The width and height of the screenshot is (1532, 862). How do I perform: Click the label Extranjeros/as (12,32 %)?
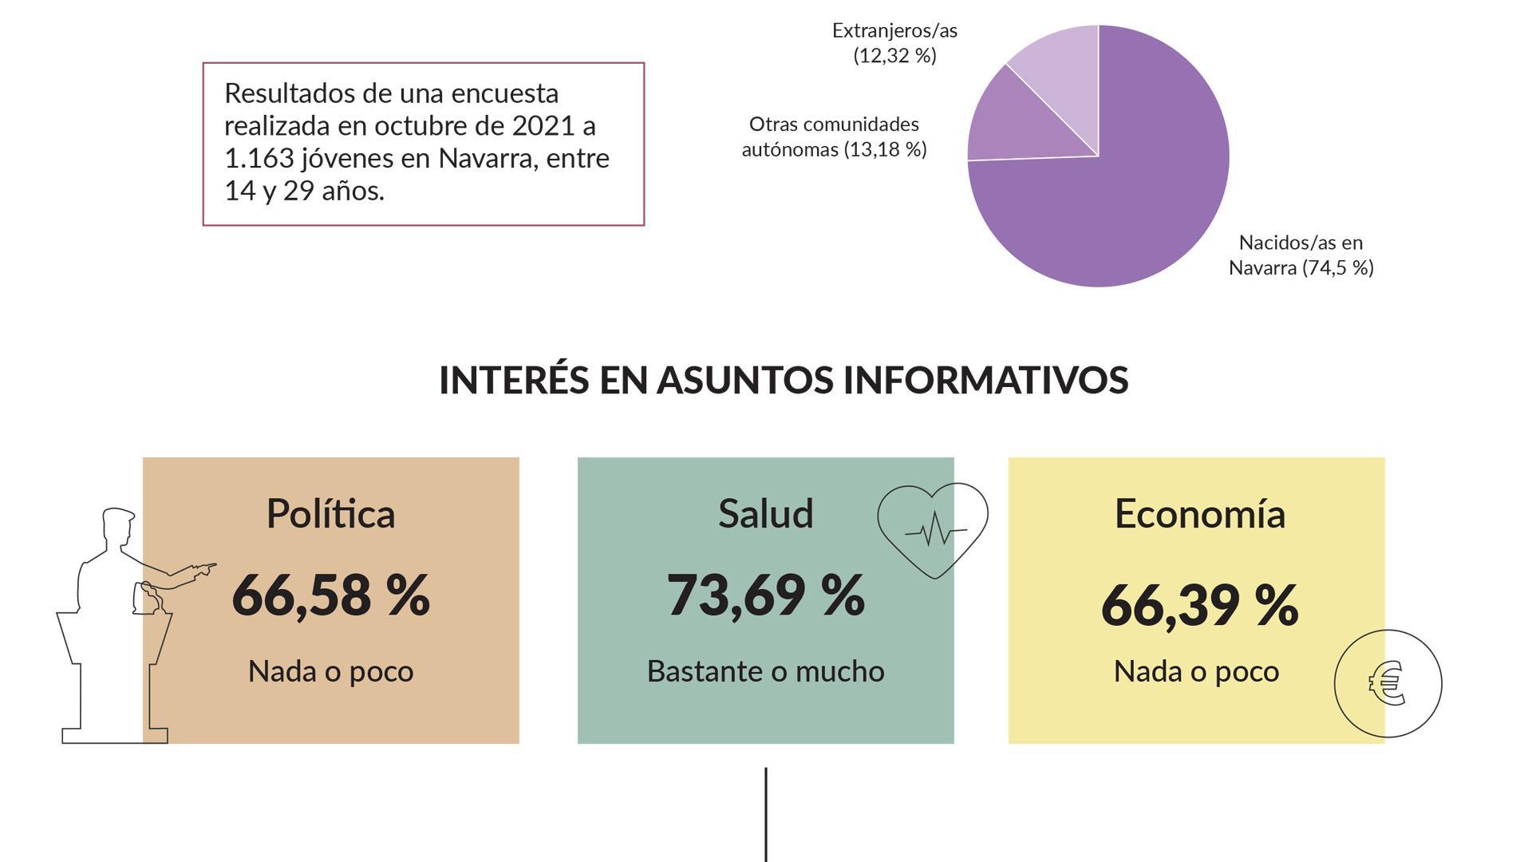pos(894,42)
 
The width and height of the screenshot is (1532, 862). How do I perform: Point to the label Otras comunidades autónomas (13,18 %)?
pos(834,136)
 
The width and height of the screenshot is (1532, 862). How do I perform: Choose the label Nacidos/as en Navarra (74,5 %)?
pos(1301,255)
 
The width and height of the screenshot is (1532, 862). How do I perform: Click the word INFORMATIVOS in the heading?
pos(985,380)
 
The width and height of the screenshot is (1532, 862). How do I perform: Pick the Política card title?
pos(330,513)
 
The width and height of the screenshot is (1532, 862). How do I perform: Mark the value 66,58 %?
pos(330,595)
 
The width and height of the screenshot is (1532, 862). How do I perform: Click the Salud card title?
pos(765,513)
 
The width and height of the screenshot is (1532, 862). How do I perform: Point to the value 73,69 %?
pos(765,595)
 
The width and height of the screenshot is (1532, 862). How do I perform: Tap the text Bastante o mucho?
pos(765,671)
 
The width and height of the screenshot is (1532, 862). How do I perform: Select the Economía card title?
pos(1199,513)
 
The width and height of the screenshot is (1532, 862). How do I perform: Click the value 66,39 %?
pos(1199,605)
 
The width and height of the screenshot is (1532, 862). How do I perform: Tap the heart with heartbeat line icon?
pos(933,528)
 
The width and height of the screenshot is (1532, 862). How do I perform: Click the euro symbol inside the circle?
pos(1388,683)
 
